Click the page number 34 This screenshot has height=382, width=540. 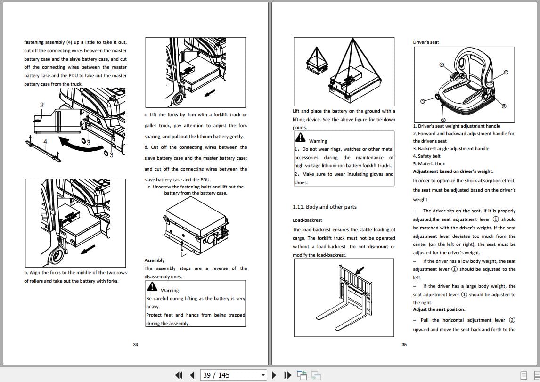[135, 345]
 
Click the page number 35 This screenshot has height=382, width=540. [404, 345]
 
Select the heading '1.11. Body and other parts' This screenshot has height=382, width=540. [324, 207]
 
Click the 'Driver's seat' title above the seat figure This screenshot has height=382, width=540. [425, 42]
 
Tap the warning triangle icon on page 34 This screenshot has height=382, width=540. [152, 286]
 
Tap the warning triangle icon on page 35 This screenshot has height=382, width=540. [300, 137]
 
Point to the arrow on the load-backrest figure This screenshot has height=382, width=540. [360, 270]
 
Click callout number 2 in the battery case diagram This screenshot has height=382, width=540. [41, 105]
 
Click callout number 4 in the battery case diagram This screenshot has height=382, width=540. [45, 141]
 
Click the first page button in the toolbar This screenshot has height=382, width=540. [179, 375]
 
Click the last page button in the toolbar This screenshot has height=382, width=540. [287, 375]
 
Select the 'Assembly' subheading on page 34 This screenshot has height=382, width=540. [154, 260]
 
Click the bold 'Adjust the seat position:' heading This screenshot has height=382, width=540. [439, 309]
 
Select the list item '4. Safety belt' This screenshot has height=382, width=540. [426, 156]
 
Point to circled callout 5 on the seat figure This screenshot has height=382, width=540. [506, 73]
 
